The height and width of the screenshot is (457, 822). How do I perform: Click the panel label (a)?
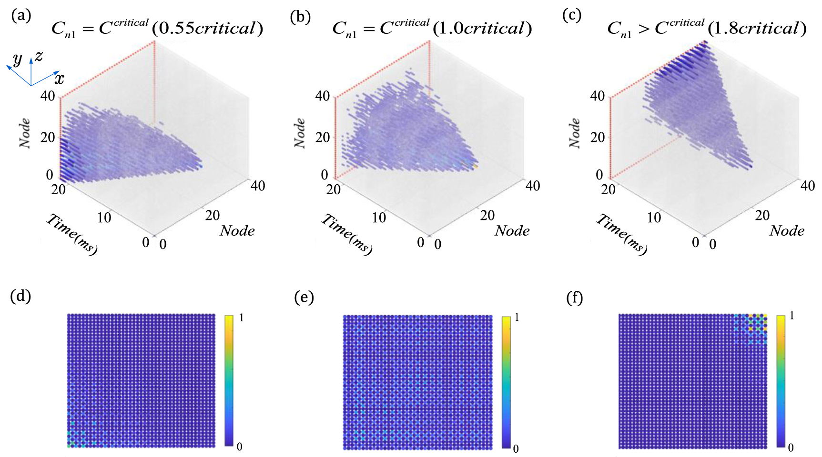pos(21,16)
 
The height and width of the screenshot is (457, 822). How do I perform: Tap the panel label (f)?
pos(574,298)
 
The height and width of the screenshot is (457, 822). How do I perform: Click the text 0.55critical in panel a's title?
pos(207,29)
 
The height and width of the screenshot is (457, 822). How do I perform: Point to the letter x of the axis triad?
pos(59,78)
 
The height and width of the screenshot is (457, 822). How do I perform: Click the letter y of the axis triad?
pos(18,59)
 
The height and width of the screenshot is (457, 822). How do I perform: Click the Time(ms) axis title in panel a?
pos(72,234)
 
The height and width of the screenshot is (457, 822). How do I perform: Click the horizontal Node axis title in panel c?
pos(787,231)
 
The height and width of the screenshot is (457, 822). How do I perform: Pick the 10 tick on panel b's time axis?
pos(379,218)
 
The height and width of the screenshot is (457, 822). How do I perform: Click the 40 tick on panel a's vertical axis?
pos(48,96)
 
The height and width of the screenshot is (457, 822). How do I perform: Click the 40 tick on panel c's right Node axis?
pos(807,186)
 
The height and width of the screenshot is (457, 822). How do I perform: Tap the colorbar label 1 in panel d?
pos(242,318)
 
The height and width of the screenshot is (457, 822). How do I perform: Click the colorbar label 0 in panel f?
pos(791,447)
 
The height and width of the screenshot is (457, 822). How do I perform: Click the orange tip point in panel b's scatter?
pos(475,166)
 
